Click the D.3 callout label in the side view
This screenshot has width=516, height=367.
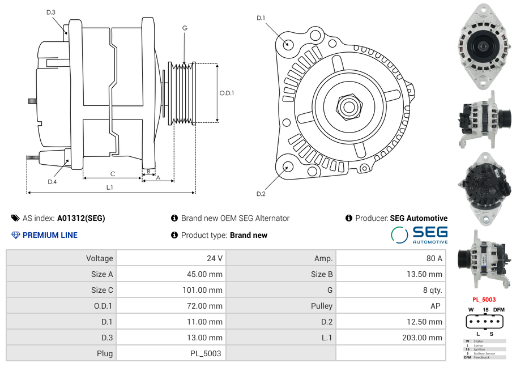(51, 12)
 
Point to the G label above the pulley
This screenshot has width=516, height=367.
(185, 28)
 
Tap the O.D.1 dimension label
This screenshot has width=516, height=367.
(227, 93)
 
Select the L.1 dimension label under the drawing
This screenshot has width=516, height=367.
(110, 187)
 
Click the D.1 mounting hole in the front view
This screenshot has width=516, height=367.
(288, 44)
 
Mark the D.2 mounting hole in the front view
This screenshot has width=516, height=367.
(287, 167)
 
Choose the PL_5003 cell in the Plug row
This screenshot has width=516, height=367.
(205, 353)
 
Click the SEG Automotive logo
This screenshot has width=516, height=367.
(419, 235)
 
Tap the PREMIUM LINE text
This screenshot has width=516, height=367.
(50, 235)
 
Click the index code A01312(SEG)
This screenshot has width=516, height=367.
(81, 218)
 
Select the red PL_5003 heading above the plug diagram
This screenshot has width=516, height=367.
(484, 300)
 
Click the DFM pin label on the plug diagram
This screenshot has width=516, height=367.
(498, 310)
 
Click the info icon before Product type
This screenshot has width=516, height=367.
(174, 235)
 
